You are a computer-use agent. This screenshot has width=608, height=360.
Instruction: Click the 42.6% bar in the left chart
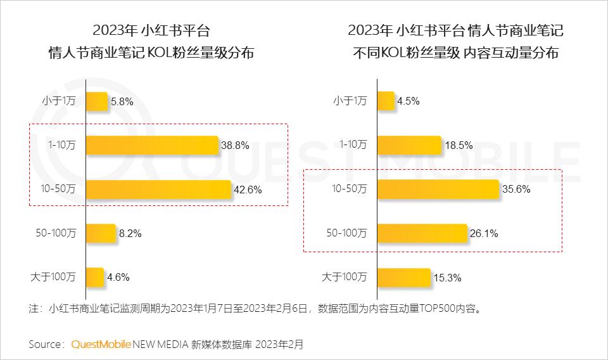tap(158, 190)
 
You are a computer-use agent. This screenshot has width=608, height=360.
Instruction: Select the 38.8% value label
tap(235, 145)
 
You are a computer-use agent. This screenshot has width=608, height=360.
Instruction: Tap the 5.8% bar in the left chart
tap(97, 101)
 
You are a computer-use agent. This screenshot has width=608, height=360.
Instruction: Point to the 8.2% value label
tap(130, 233)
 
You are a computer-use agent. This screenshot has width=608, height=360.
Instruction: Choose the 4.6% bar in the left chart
tap(95, 277)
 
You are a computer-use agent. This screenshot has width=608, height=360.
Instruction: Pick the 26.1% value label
tap(484, 233)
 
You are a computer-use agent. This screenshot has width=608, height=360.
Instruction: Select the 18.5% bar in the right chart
tap(410, 145)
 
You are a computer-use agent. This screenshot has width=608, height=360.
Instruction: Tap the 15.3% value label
tap(447, 278)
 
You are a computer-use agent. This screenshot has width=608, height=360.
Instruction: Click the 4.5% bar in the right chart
tap(386, 101)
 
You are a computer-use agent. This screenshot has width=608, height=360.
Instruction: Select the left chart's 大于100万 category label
tap(53, 276)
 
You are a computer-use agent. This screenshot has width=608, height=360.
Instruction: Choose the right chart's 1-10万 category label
tap(353, 145)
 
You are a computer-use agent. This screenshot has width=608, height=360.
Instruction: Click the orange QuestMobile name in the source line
tap(101, 345)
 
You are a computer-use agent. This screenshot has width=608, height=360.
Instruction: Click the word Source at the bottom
tap(45, 345)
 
